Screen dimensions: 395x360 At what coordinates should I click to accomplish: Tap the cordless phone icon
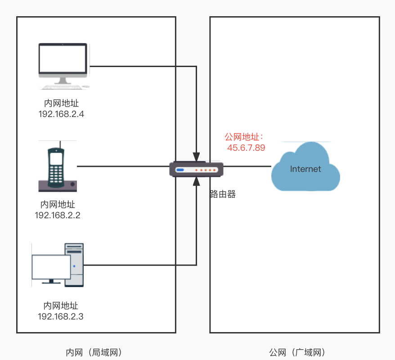click(58, 166)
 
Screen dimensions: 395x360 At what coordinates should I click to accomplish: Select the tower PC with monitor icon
click(58, 265)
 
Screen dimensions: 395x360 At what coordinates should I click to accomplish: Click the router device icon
click(196, 169)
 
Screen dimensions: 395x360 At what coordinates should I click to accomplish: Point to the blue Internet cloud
click(305, 166)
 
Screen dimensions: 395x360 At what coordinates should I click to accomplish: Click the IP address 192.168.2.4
click(61, 114)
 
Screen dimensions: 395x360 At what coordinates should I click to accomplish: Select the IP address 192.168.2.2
click(58, 216)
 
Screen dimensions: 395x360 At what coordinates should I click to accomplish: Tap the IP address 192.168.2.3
click(61, 317)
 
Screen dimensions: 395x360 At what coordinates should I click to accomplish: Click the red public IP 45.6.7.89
click(246, 148)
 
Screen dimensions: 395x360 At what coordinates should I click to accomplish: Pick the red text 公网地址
click(242, 137)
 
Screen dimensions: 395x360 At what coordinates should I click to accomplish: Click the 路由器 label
click(223, 194)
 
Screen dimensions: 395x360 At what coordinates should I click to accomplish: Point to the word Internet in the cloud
click(305, 169)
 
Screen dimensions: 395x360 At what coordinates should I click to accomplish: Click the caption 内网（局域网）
click(94, 352)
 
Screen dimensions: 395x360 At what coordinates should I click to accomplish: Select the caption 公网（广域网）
click(297, 352)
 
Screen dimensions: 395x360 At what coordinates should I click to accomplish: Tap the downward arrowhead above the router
click(196, 157)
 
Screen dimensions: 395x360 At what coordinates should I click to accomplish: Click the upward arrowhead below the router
click(196, 181)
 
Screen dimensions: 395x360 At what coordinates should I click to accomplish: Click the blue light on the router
click(180, 170)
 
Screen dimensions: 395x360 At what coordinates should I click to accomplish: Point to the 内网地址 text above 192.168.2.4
click(61, 103)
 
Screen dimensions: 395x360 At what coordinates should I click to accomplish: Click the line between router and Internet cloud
click(247, 166)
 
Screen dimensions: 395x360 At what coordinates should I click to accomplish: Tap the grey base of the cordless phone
click(58, 186)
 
